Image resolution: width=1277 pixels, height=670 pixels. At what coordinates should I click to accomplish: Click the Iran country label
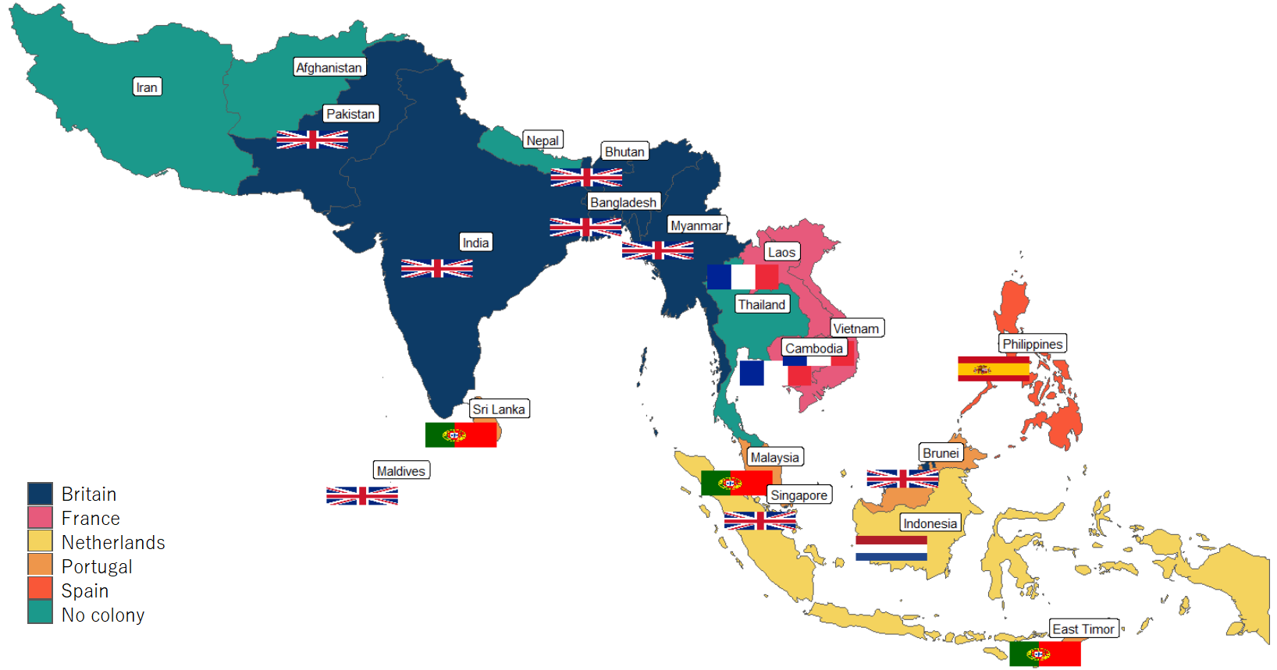coord(147,87)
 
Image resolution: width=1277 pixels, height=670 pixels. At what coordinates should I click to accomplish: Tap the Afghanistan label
coord(329,68)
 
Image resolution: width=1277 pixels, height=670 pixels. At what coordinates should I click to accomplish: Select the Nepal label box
coord(542,140)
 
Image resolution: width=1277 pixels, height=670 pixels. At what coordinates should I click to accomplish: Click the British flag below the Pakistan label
coord(312,140)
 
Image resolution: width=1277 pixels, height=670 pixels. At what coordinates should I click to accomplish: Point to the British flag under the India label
coord(436,268)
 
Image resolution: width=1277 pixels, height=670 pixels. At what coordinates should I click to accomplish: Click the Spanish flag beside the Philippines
coord(993,369)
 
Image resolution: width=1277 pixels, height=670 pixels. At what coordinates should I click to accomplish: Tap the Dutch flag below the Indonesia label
coord(891,548)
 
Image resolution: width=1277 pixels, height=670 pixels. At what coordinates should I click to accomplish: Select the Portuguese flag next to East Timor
coord(1044,654)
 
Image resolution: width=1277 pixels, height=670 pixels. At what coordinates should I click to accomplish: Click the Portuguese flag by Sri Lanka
coord(461,434)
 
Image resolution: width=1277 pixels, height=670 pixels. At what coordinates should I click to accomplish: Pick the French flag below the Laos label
coord(742,277)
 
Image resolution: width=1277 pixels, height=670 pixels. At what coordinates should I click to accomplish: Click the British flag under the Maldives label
coord(362,496)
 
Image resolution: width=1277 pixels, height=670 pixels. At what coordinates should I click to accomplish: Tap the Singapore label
coord(799,495)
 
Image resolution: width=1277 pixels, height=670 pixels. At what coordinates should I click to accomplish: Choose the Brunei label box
coord(941,453)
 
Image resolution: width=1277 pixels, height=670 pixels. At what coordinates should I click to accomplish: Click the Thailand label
coord(762,305)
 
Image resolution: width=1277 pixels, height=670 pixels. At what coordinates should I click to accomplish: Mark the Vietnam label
coord(855,328)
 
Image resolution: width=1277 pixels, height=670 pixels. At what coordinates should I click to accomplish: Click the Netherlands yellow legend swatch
coord(40,541)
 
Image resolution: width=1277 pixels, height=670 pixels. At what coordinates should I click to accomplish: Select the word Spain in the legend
coord(85,591)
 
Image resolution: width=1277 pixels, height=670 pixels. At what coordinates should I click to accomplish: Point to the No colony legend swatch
coord(40,613)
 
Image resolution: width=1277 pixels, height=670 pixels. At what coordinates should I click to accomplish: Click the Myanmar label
coord(696,225)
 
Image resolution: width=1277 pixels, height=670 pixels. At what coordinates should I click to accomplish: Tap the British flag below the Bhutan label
coord(586,177)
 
